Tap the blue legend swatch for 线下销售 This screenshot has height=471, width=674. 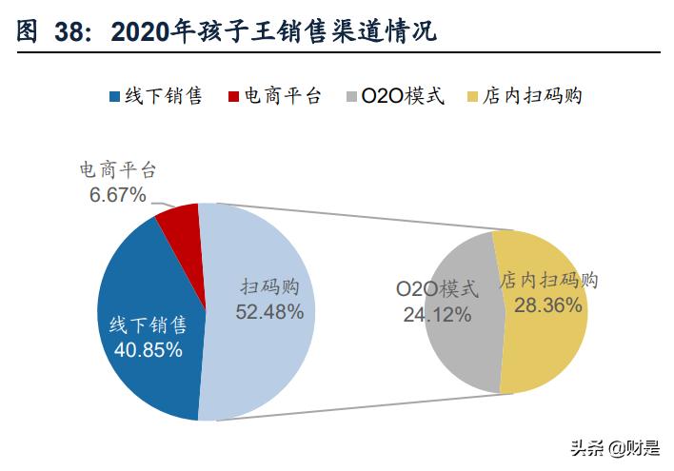click(116, 97)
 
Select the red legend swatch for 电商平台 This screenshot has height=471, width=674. click(235, 97)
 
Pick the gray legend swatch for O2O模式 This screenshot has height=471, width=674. click(354, 97)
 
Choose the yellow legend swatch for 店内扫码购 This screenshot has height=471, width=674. click(473, 97)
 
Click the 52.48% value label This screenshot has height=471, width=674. click(270, 311)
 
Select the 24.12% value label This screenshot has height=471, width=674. click(437, 315)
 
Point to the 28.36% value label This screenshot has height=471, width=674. click(547, 304)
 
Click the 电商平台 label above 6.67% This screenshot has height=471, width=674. click(117, 171)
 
